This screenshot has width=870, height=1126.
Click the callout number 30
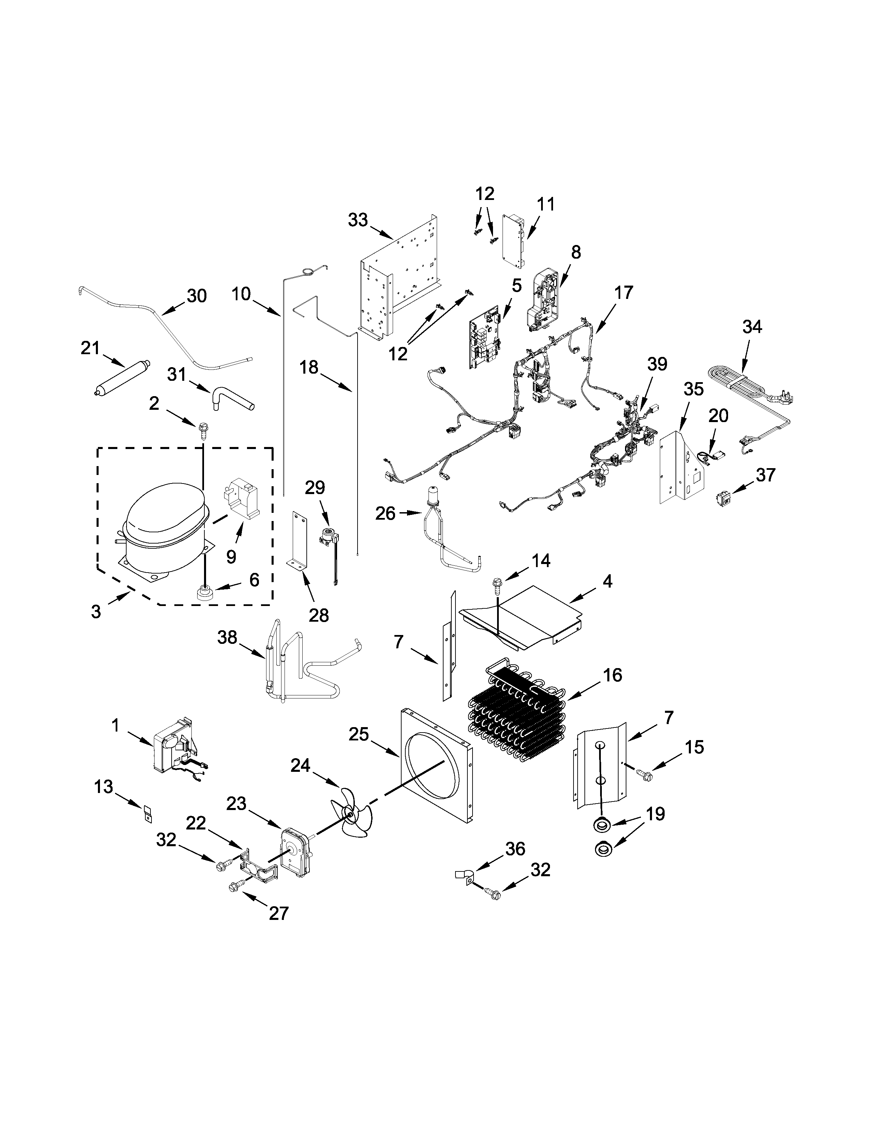[197, 296]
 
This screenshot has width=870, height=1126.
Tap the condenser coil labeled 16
[518, 717]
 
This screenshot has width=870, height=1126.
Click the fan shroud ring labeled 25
[436, 773]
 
